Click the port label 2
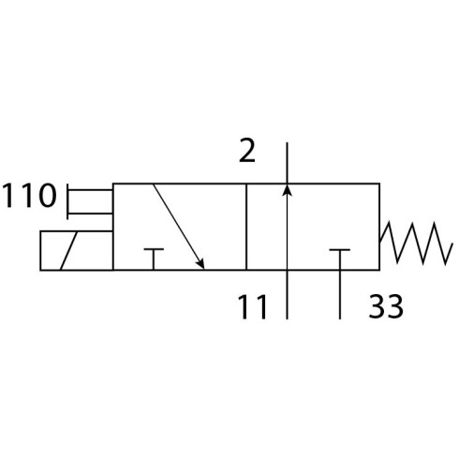click(247, 151)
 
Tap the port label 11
click(252, 307)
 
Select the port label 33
click(386, 306)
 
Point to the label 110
click(29, 196)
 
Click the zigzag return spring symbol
click(416, 243)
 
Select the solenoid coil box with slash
click(77, 250)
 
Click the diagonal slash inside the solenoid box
click(69, 250)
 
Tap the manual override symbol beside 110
click(90, 201)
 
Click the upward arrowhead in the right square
click(287, 190)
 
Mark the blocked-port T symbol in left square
click(154, 259)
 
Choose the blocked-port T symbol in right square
click(340, 259)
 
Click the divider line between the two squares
click(246, 227)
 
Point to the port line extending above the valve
click(287, 163)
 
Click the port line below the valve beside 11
click(287, 295)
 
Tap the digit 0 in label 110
click(48, 196)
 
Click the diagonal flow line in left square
click(179, 227)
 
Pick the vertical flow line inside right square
click(287, 227)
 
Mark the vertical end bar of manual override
click(67, 201)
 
